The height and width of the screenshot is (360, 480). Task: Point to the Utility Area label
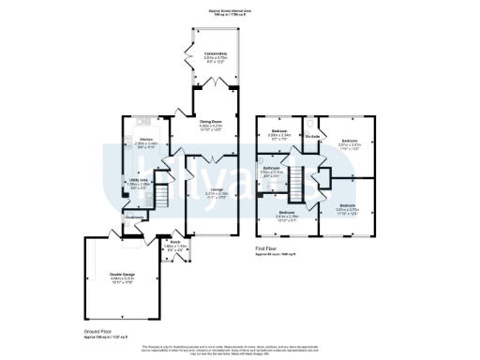pos(139,184)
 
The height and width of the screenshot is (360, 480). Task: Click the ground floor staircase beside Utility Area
pos(158,197)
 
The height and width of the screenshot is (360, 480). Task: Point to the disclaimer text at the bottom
pos(239,350)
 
